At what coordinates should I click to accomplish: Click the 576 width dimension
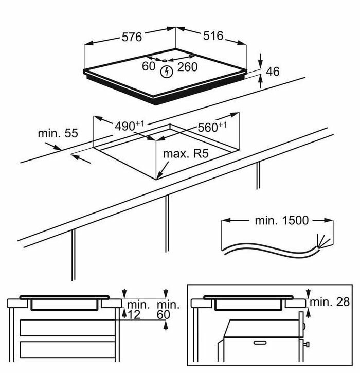tap(132, 37)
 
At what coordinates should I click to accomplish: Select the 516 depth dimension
tap(213, 35)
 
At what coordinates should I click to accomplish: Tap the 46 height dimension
tap(273, 71)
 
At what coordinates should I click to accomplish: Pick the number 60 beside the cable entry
tap(149, 66)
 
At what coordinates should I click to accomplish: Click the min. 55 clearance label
tap(58, 133)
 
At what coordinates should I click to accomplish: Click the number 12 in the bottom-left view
tap(135, 314)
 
